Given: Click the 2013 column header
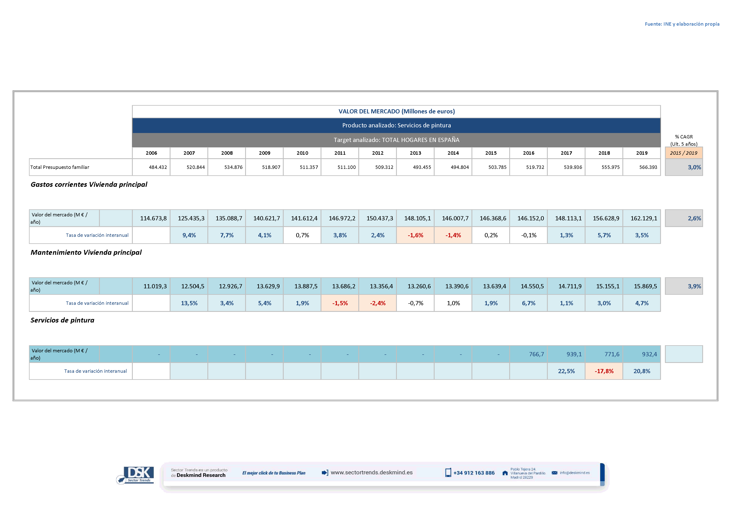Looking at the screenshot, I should pyautogui.click(x=415, y=153).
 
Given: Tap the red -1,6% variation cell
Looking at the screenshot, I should pyautogui.click(x=415, y=235).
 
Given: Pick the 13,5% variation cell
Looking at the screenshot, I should pyautogui.click(x=189, y=303).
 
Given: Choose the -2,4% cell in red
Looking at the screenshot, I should pyautogui.click(x=378, y=303).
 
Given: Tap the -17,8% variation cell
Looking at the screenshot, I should pyautogui.click(x=604, y=371).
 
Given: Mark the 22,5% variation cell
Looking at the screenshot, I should pyautogui.click(x=566, y=371).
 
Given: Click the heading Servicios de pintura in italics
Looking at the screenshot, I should pyautogui.click(x=62, y=320).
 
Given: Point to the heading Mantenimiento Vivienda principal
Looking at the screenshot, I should pyautogui.click(x=86, y=252).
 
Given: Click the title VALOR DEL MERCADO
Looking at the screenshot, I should pyautogui.click(x=396, y=111).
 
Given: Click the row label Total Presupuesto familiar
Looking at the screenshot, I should pyautogui.click(x=60, y=167).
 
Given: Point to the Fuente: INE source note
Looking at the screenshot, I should pyautogui.click(x=682, y=24).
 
